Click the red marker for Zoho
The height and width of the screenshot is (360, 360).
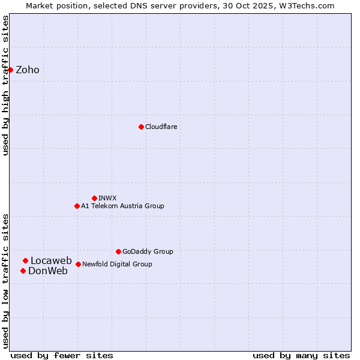(x=11, y=70)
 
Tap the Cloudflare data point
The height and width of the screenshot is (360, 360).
(x=141, y=127)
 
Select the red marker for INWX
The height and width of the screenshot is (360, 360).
(x=94, y=198)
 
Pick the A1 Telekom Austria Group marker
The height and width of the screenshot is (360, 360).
(x=77, y=206)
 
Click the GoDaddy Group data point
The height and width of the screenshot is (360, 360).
(x=118, y=251)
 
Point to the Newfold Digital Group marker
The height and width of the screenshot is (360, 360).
(x=78, y=264)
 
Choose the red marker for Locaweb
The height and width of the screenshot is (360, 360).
(x=25, y=260)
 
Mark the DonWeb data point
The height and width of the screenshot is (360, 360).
(x=23, y=271)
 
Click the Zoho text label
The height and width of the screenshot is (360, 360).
(x=28, y=70)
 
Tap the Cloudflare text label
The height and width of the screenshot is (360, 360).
(x=161, y=127)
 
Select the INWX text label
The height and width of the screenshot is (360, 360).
(x=107, y=198)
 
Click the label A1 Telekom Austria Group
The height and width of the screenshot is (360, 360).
(x=122, y=206)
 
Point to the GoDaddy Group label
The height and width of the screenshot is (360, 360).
(x=148, y=251)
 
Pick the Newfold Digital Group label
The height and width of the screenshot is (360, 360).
(x=117, y=264)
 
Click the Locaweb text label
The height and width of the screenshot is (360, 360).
(x=51, y=260)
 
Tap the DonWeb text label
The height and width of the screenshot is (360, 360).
(x=48, y=271)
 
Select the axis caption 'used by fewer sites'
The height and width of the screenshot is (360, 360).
(x=62, y=355)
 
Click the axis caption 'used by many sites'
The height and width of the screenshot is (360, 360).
(x=301, y=355)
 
